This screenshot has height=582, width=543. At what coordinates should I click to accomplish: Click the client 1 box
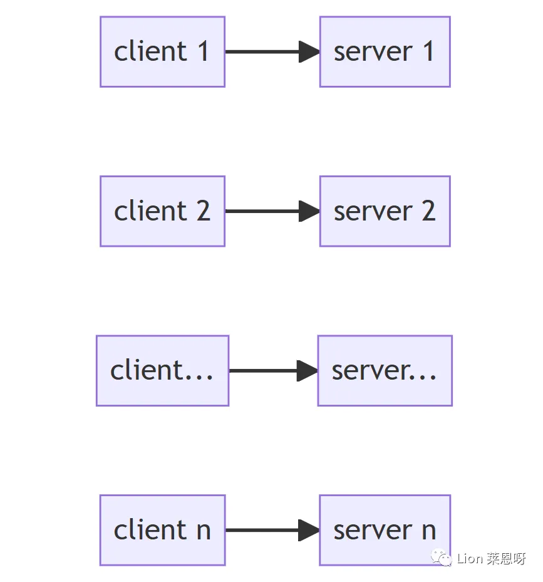tap(162, 52)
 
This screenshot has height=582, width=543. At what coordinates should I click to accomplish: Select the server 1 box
tap(385, 52)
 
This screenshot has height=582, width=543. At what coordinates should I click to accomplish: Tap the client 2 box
tap(162, 211)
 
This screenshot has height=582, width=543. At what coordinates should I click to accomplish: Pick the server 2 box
tap(385, 211)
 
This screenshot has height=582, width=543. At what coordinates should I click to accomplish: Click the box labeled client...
tap(162, 370)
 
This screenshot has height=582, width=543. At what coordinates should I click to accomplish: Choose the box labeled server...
tap(385, 370)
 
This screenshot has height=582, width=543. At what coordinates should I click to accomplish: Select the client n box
tap(162, 530)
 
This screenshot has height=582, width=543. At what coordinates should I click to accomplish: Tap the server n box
tap(385, 530)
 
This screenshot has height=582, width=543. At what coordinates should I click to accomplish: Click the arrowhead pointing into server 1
tap(309, 52)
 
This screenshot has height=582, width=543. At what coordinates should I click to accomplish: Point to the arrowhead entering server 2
tap(309, 211)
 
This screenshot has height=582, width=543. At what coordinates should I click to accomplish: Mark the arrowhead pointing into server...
tap(307, 370)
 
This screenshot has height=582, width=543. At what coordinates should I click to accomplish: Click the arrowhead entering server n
tap(309, 530)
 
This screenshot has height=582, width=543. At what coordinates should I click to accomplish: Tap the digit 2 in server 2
tap(428, 211)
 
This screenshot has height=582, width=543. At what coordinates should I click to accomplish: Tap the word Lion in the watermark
tap(470, 559)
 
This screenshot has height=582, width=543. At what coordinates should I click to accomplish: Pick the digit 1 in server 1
tap(428, 52)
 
